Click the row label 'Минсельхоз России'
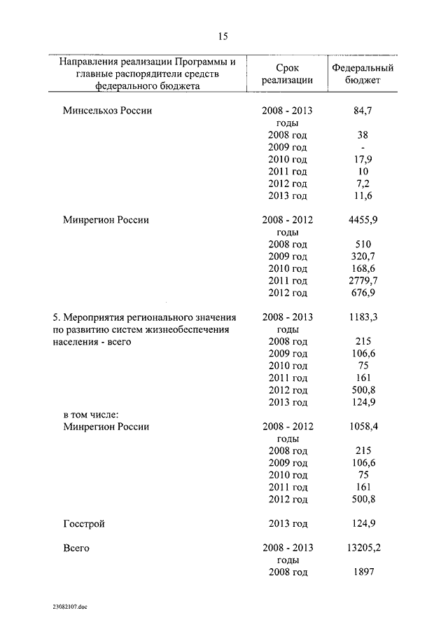click(107, 111)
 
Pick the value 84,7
click(363, 111)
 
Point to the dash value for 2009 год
click(363, 147)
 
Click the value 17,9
click(363, 159)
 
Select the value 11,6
click(363, 195)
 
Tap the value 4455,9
click(363, 220)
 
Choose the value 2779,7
click(363, 280)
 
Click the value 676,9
click(363, 293)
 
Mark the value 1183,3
click(363, 317)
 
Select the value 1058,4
click(363, 426)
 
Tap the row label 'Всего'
click(76, 548)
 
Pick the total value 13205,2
click(363, 548)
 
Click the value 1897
click(363, 572)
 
